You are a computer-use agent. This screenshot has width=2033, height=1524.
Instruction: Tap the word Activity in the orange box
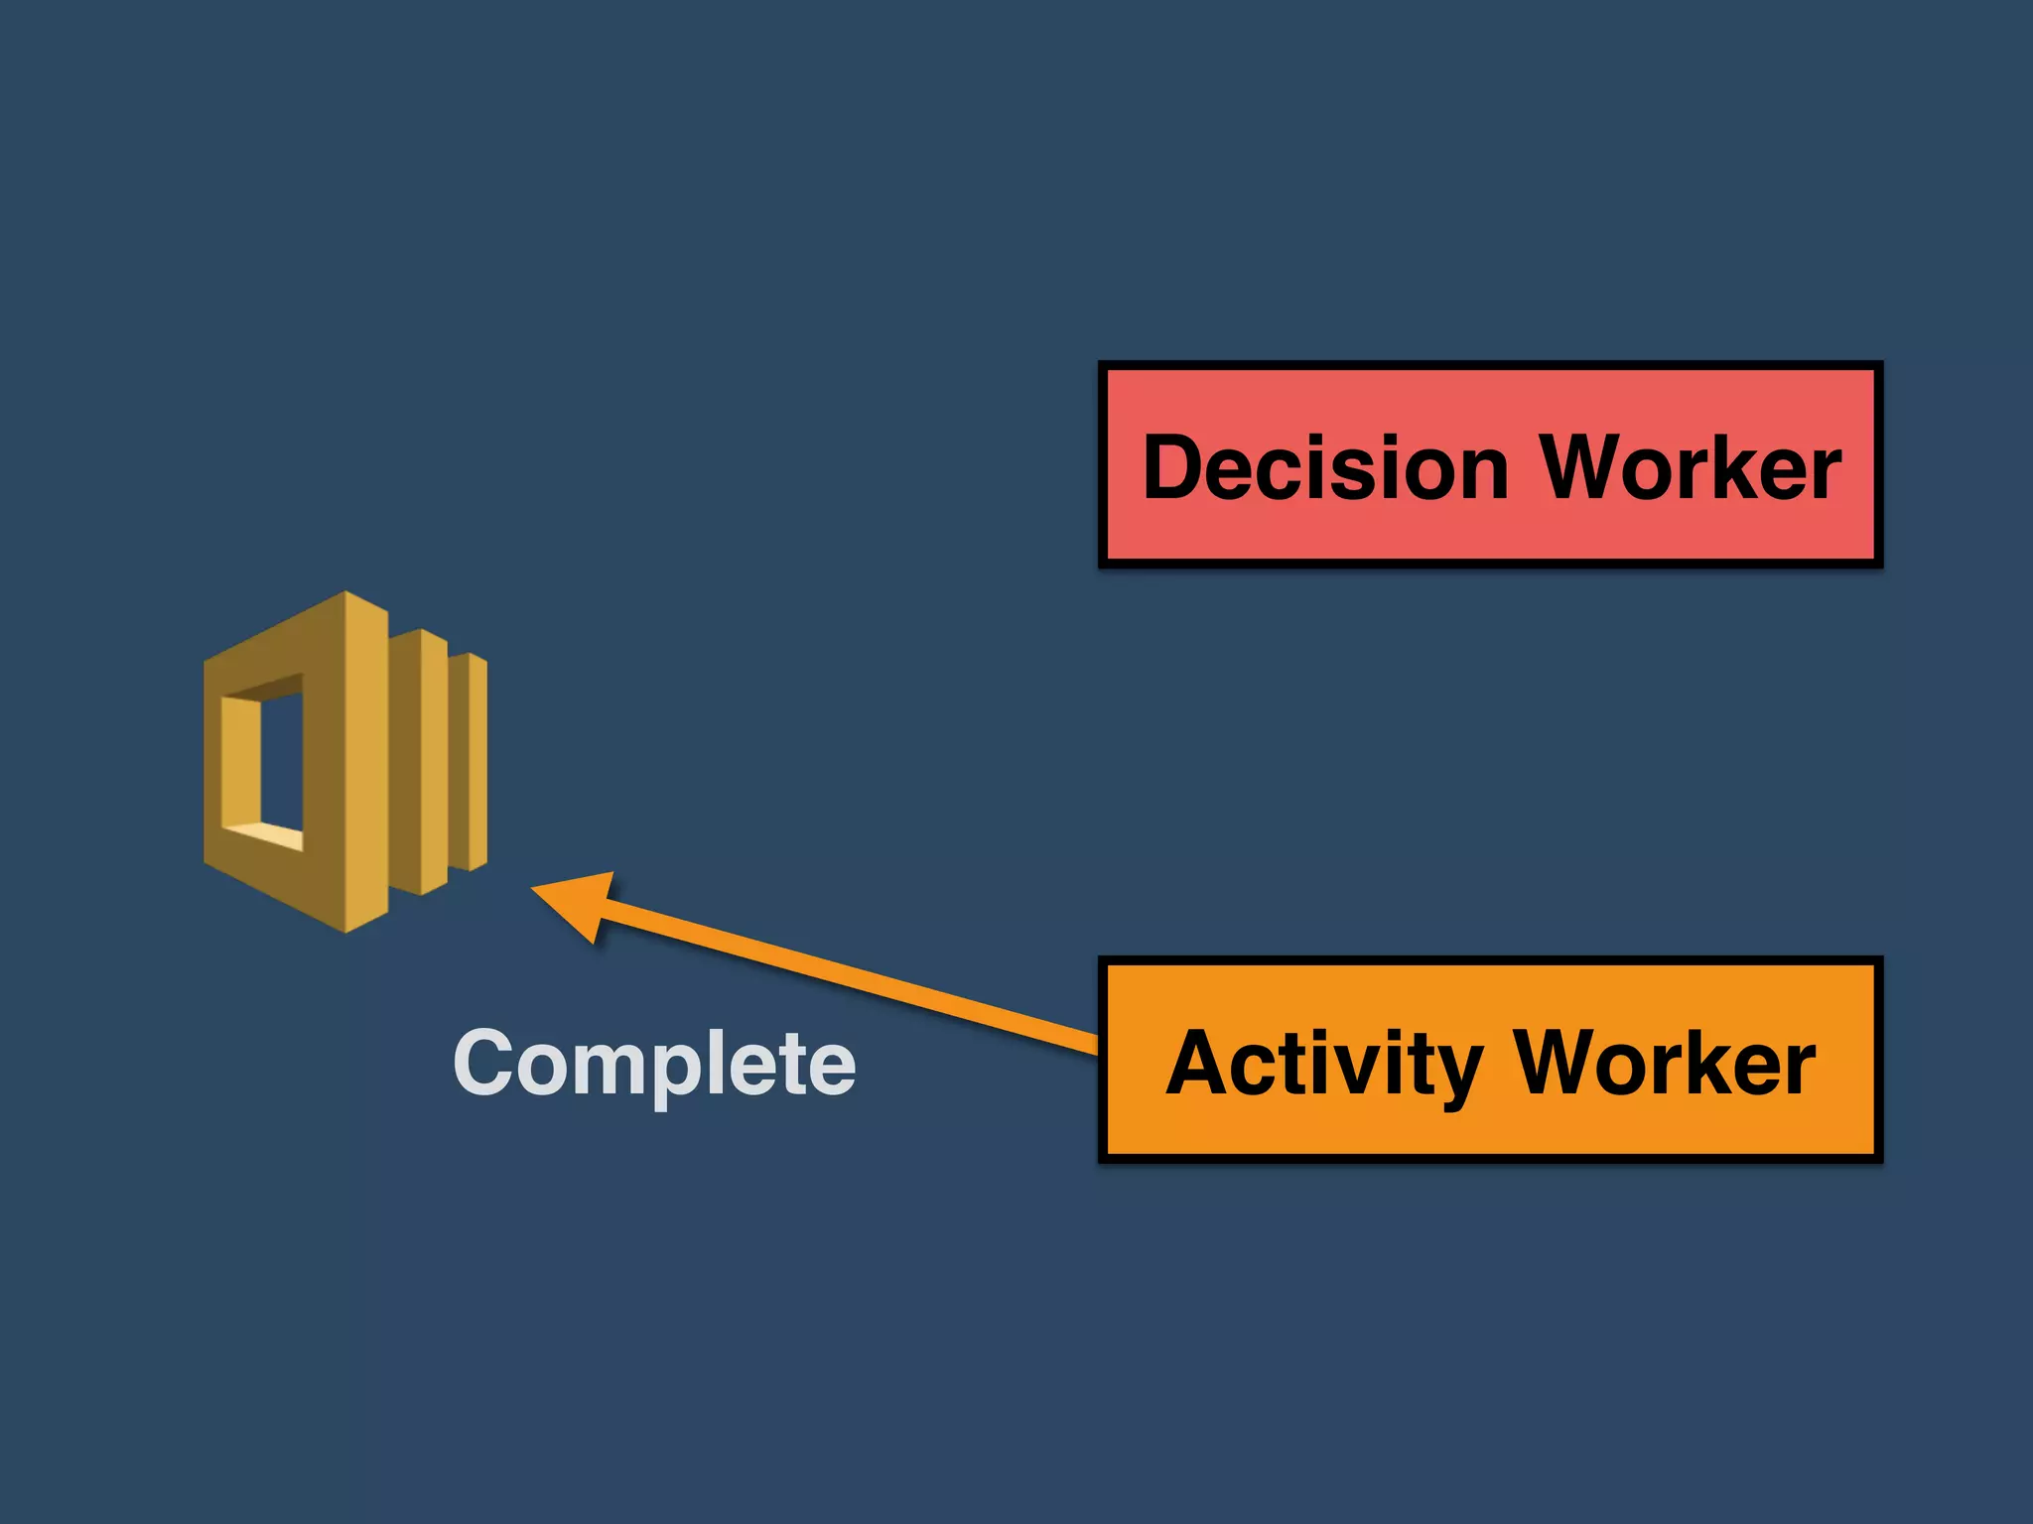click(1326, 1064)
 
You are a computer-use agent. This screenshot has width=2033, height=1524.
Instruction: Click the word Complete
click(654, 1064)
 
